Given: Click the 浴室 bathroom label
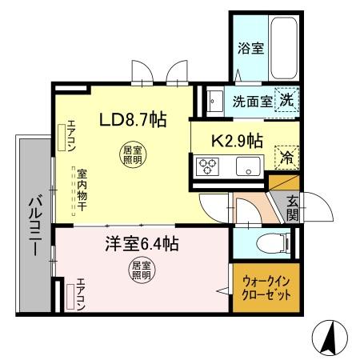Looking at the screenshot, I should click(x=250, y=49).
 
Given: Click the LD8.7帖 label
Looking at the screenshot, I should click(x=132, y=121).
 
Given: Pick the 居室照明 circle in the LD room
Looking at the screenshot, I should click(x=130, y=154).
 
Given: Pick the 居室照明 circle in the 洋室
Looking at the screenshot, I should click(x=141, y=270).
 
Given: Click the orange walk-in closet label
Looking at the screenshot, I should click(x=266, y=288).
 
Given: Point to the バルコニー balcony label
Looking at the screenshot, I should click(x=34, y=225).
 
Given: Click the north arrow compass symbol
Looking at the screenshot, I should click(x=330, y=338).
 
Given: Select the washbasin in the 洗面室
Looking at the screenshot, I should click(x=214, y=102).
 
